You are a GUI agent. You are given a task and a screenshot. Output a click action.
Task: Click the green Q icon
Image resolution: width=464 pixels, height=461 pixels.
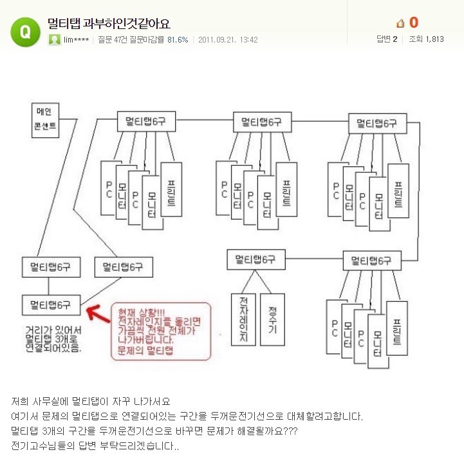24,30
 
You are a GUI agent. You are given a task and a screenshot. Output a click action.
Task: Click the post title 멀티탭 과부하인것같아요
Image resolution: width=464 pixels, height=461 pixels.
109,24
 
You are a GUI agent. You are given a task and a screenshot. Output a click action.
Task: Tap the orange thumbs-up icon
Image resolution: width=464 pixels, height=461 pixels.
400,23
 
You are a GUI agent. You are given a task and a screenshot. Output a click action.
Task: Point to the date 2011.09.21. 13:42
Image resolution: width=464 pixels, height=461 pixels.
228,39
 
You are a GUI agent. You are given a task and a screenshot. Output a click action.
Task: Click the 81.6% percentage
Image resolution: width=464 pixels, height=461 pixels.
178,39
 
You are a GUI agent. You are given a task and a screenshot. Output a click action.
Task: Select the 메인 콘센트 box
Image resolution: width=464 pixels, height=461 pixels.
45,120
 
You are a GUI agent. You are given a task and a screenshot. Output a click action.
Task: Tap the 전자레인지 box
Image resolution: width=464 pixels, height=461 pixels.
243,319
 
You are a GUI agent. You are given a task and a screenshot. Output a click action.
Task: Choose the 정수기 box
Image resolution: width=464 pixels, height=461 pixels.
272,319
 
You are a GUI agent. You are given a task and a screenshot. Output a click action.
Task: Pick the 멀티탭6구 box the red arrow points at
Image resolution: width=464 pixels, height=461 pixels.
51,304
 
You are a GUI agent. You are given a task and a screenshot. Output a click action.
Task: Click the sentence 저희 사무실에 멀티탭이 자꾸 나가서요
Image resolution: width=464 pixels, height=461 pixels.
90,401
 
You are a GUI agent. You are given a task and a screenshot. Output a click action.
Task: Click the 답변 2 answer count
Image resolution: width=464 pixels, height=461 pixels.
387,39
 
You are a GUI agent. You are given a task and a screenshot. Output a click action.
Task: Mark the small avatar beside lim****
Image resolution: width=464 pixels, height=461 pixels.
55,39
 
